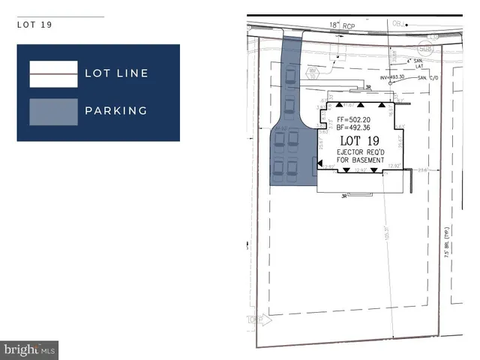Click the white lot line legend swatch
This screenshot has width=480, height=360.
click(53, 73)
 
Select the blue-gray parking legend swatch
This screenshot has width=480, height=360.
click(53, 111)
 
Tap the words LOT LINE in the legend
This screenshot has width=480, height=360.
click(116, 73)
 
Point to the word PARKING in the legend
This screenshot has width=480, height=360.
click(115, 111)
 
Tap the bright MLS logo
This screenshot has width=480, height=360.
click(30, 349)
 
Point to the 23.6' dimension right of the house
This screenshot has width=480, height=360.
click(423, 169)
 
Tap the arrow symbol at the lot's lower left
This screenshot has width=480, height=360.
click(260, 318)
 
